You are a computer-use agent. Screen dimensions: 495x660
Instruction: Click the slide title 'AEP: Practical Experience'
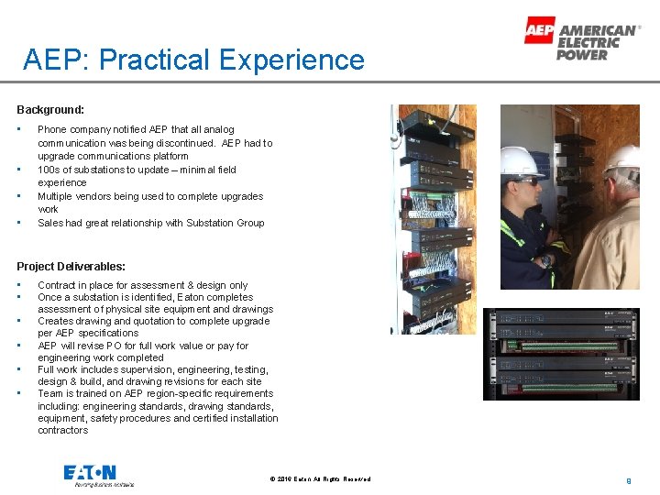(194, 60)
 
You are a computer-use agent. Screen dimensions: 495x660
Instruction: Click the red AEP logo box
(539, 30)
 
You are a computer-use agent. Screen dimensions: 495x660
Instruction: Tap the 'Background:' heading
(50, 110)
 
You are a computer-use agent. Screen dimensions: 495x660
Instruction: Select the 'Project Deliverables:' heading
(71, 267)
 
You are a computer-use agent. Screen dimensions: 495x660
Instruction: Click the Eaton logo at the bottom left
(91, 474)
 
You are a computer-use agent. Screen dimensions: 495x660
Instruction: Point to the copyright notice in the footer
(321, 479)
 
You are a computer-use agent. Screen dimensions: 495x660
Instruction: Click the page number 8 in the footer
(628, 479)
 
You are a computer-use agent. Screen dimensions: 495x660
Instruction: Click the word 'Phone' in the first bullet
(51, 130)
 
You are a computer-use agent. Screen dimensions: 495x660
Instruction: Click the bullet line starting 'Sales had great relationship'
(150, 223)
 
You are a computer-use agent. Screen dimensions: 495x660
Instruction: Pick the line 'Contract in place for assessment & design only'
(142, 285)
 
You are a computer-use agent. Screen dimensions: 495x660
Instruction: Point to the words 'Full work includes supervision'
(103, 369)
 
